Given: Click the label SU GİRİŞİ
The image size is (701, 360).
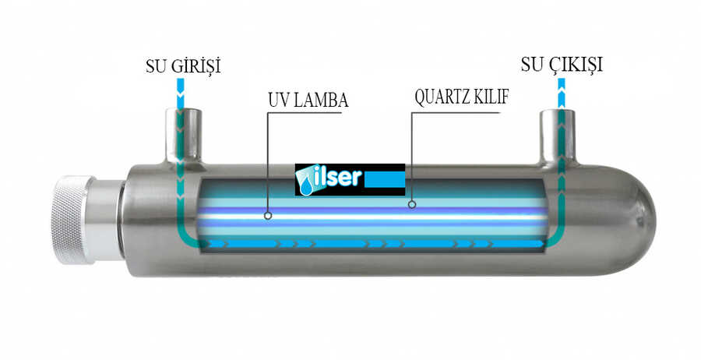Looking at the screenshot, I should [x=183, y=66].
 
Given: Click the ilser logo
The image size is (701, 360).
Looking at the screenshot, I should [x=350, y=179].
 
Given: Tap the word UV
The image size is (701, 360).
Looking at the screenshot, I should [x=278, y=101].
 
